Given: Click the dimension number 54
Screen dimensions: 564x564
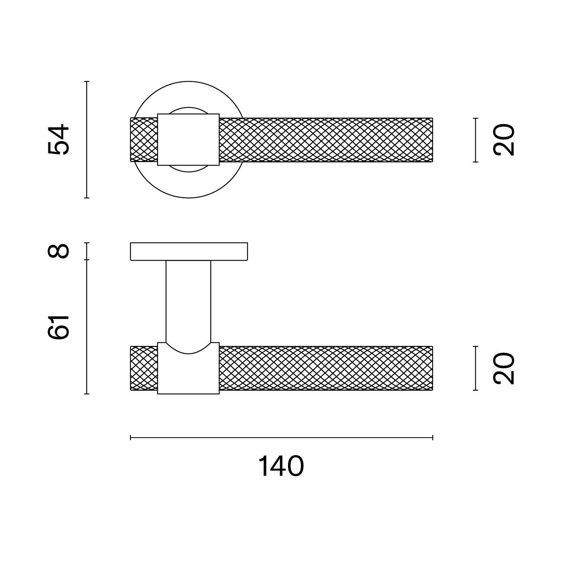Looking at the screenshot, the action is (x=58, y=139).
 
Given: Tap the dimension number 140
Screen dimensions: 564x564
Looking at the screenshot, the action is (x=281, y=466).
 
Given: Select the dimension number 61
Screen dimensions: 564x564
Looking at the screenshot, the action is (x=58, y=327).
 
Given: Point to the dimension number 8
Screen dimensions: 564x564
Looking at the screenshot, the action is (x=58, y=251).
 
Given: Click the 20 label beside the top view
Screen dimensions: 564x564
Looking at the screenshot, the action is (x=504, y=140).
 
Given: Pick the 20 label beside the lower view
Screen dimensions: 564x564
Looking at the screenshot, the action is (x=504, y=368).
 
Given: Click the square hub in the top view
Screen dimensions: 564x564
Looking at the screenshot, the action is (x=188, y=140).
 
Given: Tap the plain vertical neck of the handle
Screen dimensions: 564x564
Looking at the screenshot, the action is (x=188, y=301).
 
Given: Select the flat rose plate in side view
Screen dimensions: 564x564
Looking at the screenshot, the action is (x=189, y=251).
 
